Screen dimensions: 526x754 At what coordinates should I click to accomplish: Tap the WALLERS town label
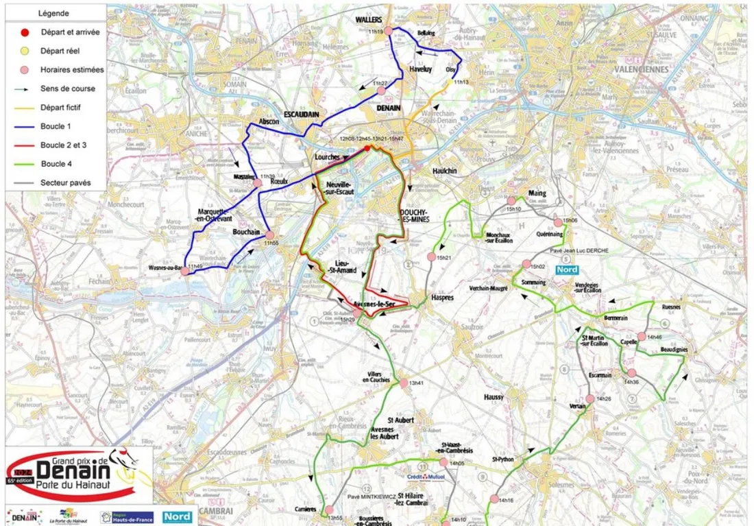click(368, 21)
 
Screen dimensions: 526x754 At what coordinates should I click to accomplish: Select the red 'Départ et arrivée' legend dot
click(25, 32)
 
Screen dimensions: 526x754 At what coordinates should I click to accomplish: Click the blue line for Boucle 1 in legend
click(25, 126)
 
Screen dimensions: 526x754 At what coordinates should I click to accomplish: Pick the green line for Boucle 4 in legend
click(25, 164)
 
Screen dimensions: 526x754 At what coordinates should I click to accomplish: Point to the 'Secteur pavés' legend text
click(65, 183)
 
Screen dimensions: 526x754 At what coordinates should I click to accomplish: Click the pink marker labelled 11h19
click(389, 30)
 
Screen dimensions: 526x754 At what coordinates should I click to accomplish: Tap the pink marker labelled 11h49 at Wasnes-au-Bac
click(184, 272)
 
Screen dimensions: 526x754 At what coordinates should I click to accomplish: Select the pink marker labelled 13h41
click(404, 383)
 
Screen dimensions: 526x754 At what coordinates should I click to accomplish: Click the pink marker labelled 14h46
click(642, 336)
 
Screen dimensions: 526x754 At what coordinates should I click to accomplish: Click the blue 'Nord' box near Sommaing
click(566, 270)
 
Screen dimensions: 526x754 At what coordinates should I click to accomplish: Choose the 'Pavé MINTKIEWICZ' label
click(372, 496)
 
